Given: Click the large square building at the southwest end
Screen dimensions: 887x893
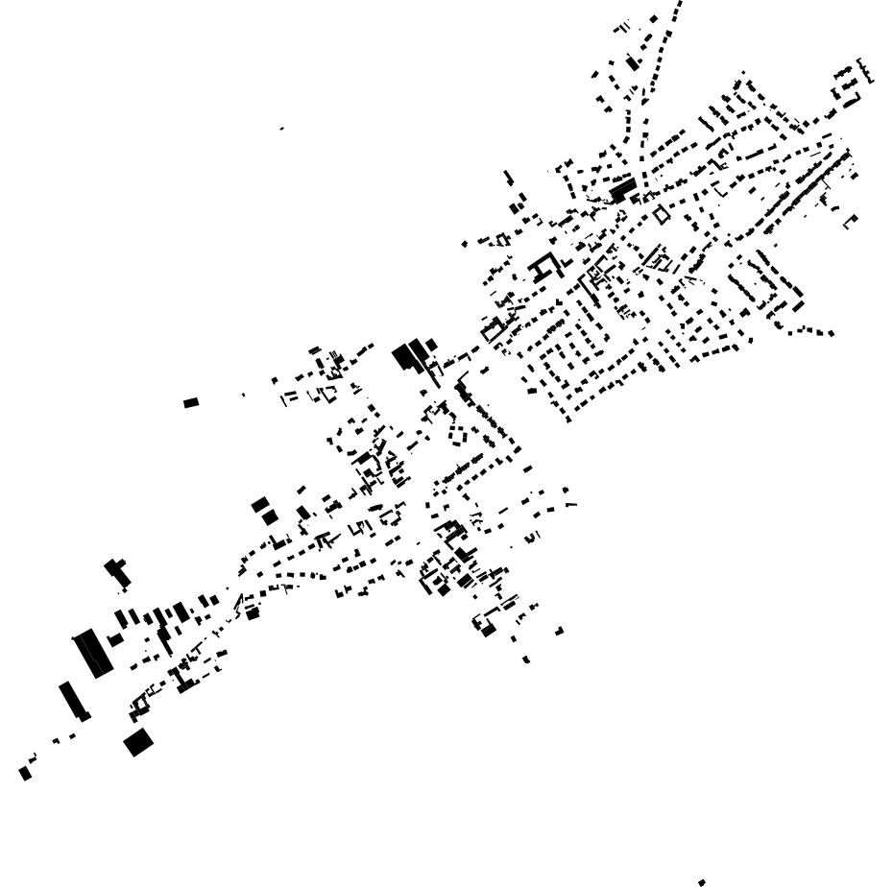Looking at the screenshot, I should tap(138, 742).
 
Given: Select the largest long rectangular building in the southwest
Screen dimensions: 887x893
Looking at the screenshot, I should tap(93, 653).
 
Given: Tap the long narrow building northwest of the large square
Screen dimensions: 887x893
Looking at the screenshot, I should tap(73, 700).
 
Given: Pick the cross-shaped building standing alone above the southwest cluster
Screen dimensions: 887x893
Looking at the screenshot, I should tap(118, 573).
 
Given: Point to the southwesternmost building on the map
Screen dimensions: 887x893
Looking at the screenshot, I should tap(25, 773).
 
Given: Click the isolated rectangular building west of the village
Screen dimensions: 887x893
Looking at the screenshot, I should tap(191, 402).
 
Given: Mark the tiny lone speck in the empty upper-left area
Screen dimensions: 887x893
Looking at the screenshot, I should tap(281, 128).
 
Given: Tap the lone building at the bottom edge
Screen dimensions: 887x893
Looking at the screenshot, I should tap(702, 882).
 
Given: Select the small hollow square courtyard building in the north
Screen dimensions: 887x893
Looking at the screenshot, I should tap(662, 214).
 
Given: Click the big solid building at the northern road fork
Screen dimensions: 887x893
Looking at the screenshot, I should tap(623, 189).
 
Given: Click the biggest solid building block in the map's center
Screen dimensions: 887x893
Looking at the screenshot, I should tap(407, 358).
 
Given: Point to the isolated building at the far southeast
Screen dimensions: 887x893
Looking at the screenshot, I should tap(559, 631).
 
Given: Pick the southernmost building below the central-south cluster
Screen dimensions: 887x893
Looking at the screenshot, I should tap(526, 659).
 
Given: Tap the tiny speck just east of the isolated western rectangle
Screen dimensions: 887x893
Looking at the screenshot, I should tap(243, 395).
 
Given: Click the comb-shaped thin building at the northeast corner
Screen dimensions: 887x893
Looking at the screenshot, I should tap(866, 70).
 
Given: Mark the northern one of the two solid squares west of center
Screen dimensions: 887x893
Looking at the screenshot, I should tap(259, 504).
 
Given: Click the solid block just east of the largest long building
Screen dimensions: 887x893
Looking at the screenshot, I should tap(116, 639).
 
